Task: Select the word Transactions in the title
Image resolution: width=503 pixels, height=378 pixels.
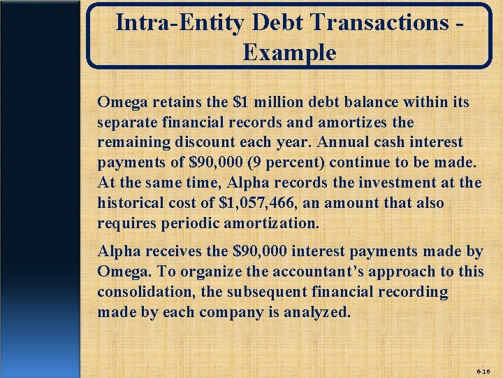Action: tap(380, 22)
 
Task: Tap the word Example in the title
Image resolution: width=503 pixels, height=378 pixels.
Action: tap(290, 52)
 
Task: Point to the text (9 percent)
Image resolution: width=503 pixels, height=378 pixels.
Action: tap(261, 162)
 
